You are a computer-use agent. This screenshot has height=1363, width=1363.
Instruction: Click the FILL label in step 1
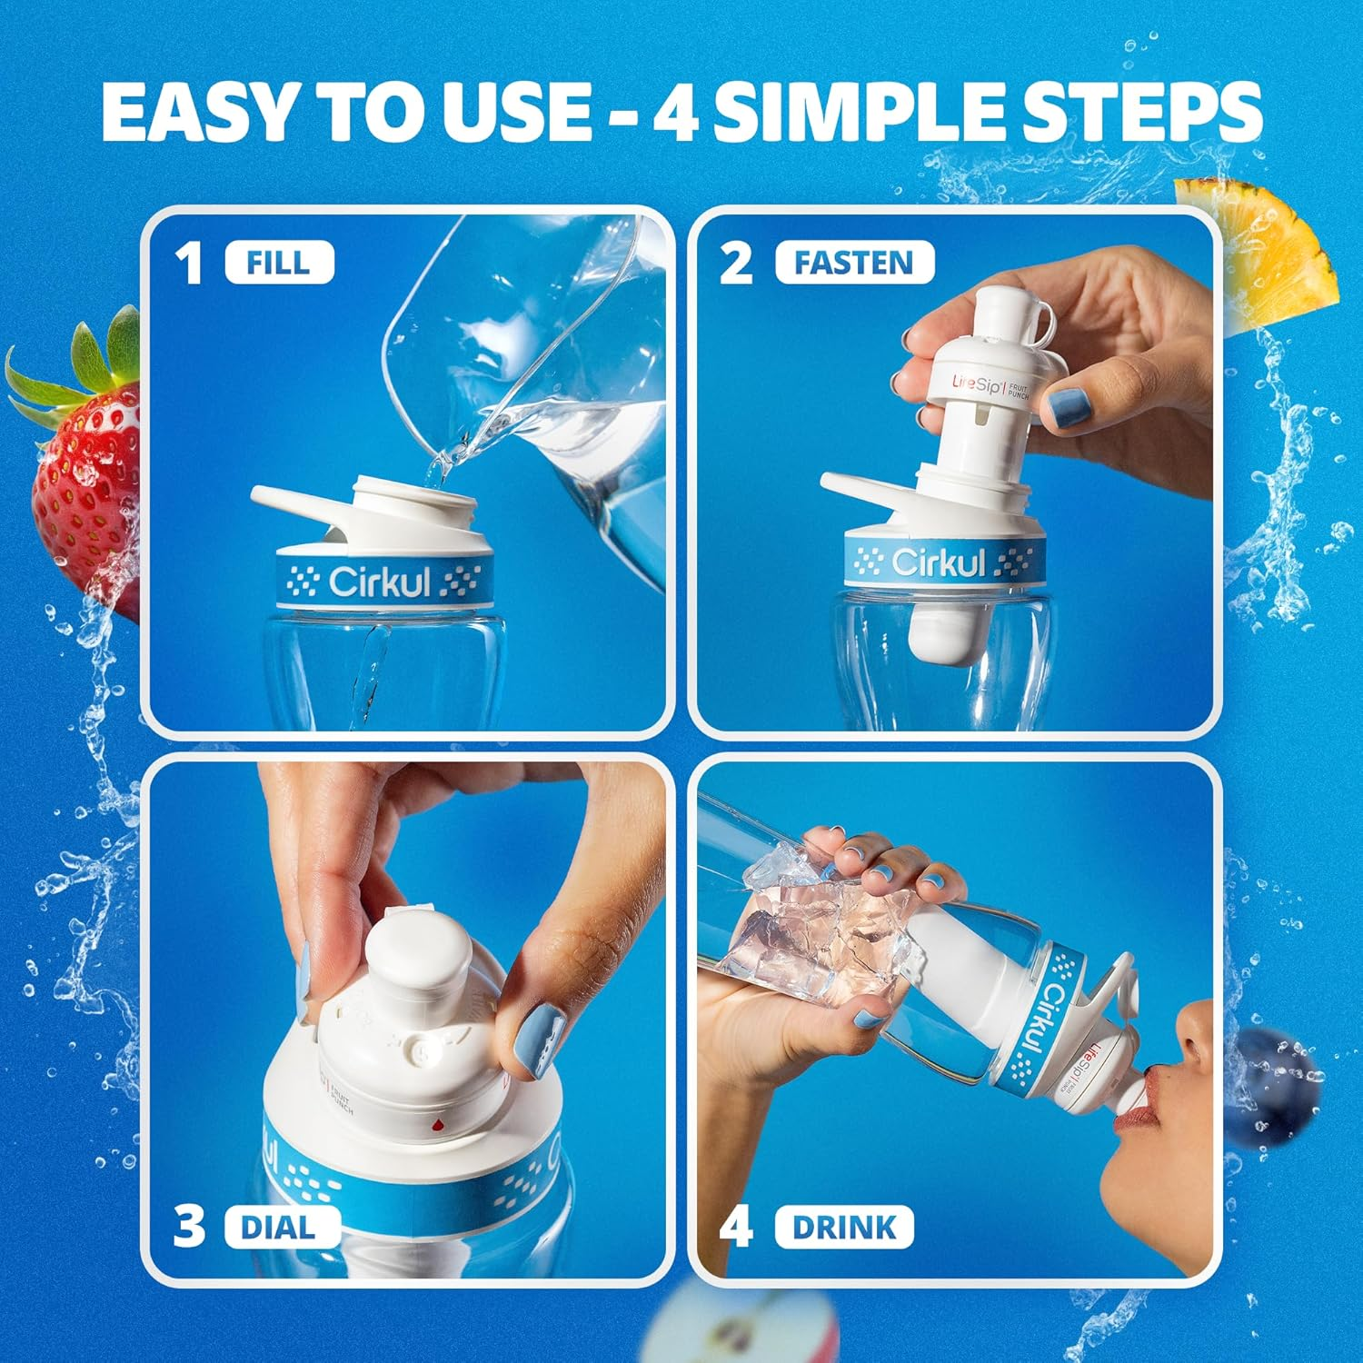(x=279, y=264)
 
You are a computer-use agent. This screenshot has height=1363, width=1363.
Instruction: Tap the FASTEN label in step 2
(x=853, y=264)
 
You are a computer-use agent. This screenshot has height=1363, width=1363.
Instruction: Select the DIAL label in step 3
(x=277, y=1228)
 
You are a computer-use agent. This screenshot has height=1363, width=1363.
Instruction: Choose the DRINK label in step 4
(x=844, y=1228)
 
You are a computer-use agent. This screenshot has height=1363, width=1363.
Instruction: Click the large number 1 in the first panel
(x=189, y=264)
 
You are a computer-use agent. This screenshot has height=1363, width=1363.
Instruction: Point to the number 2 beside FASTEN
(x=736, y=264)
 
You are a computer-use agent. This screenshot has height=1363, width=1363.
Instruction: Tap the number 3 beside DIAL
(x=189, y=1228)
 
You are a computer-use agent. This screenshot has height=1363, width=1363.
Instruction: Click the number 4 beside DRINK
(x=736, y=1228)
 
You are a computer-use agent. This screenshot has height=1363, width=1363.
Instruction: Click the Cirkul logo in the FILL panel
(x=378, y=582)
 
